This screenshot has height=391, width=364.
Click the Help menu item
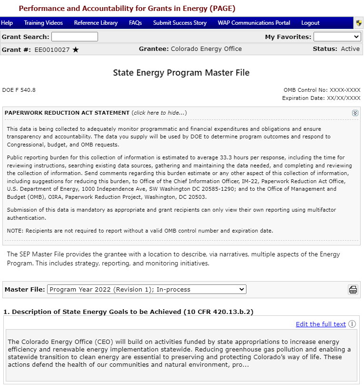coord(7,23)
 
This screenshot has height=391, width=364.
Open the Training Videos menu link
coord(43,23)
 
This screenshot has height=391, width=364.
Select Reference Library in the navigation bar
coord(96,23)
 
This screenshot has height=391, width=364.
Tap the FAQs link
coord(136,23)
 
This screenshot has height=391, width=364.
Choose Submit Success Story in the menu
coord(180,23)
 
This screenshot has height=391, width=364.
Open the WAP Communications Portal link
coord(254,23)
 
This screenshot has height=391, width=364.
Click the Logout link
coord(311,23)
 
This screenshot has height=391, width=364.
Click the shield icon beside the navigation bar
coord(359,23)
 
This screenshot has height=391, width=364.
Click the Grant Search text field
coord(75,37)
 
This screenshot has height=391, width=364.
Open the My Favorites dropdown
coord(337,37)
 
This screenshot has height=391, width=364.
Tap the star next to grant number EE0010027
coord(76,49)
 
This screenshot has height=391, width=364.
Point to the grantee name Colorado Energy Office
coord(206,49)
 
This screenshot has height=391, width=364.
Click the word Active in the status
coord(350,49)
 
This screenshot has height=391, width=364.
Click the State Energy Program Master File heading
coord(181,73)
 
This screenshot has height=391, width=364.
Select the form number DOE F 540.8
coord(19,89)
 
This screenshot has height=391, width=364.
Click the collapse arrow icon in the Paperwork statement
coord(355,113)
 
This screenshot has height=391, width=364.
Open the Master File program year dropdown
coord(147,289)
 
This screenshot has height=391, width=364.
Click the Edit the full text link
coord(321,324)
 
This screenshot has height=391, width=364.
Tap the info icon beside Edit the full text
coord(352,324)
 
